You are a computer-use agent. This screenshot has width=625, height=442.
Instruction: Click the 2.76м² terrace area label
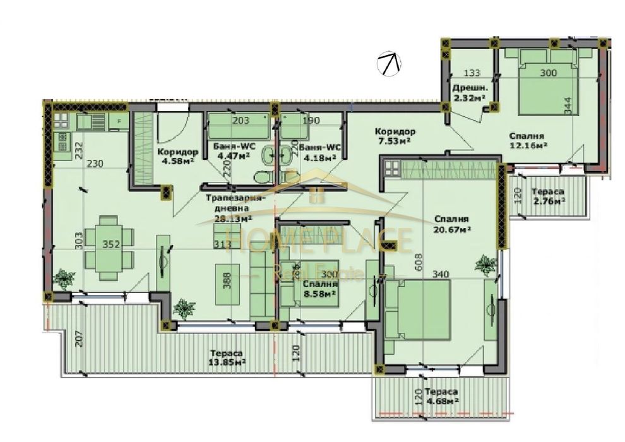coord(547,196)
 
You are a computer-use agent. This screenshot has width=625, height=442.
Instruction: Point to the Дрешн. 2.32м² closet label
coord(468,93)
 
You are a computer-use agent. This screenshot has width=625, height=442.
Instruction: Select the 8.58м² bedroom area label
coord(314,288)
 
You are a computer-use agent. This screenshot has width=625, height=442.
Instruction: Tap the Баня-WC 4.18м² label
coord(318,152)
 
